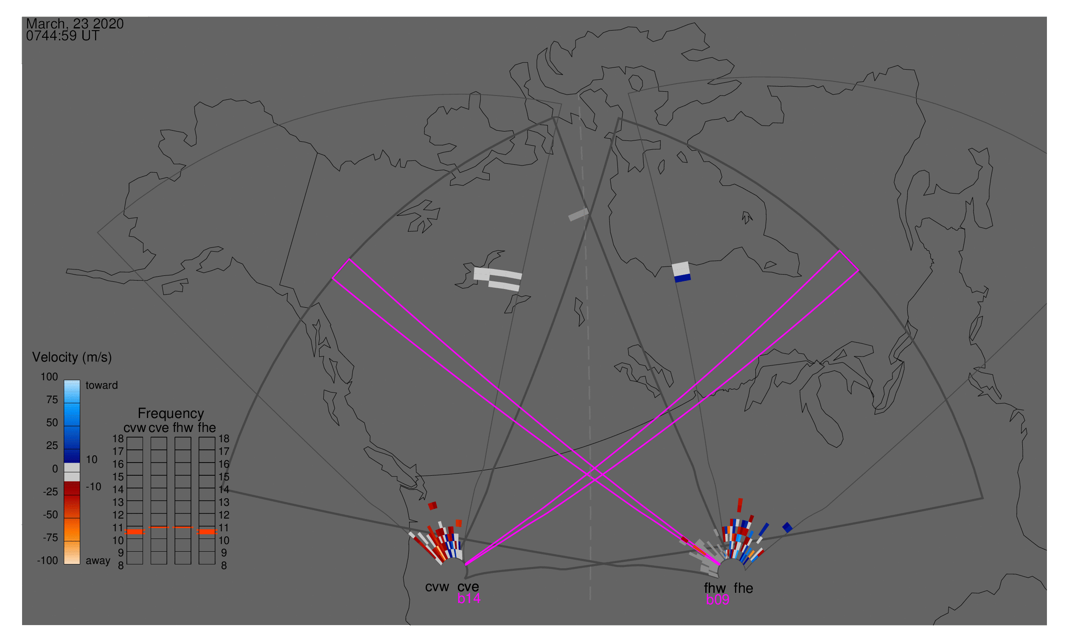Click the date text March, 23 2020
click(x=75, y=23)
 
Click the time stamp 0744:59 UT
click(x=63, y=36)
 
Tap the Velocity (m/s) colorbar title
click(x=72, y=358)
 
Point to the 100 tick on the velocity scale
click(x=49, y=377)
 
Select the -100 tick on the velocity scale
click(x=48, y=561)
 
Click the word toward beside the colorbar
click(x=102, y=385)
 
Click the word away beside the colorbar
click(x=98, y=561)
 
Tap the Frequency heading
click(x=171, y=414)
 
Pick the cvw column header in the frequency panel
click(x=135, y=428)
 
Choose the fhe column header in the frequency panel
click(x=207, y=428)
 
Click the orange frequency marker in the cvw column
click(x=135, y=532)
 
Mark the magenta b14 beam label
click(x=469, y=599)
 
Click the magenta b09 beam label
click(x=718, y=600)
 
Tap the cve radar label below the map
click(x=468, y=587)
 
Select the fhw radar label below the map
click(x=715, y=588)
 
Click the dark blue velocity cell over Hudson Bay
click(x=683, y=278)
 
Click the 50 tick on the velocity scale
click(x=52, y=423)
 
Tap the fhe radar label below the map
click(x=744, y=588)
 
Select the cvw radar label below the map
click(x=437, y=587)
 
